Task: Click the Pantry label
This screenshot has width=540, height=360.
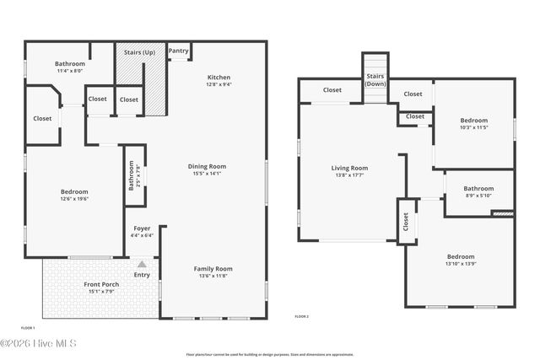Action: (x=178, y=51)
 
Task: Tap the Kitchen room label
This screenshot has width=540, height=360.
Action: (x=219, y=78)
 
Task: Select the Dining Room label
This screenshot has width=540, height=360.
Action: (x=207, y=166)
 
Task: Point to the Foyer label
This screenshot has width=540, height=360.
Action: (x=143, y=228)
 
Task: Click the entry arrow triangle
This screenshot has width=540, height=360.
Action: (x=142, y=264)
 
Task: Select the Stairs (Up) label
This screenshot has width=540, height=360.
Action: (x=139, y=51)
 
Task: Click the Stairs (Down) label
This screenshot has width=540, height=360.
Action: (x=375, y=80)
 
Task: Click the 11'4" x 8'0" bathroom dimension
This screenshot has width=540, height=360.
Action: (x=70, y=72)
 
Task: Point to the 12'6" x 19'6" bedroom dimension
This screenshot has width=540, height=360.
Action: (x=74, y=199)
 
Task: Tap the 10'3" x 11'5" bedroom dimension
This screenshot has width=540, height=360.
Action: (x=473, y=126)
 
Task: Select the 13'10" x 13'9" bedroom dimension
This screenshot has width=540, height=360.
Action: (x=461, y=264)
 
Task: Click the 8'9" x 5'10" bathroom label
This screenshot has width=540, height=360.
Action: (x=478, y=196)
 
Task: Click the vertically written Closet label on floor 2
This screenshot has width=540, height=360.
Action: (x=406, y=222)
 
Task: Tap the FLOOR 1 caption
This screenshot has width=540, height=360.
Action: (x=29, y=327)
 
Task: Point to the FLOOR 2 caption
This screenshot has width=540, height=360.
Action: (x=301, y=316)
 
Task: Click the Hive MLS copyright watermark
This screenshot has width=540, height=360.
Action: (x=39, y=343)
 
